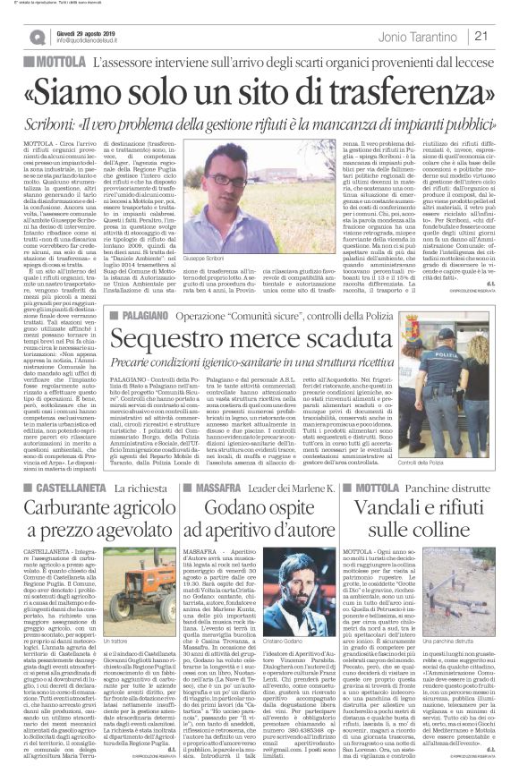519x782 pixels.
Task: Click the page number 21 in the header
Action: (503, 37)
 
